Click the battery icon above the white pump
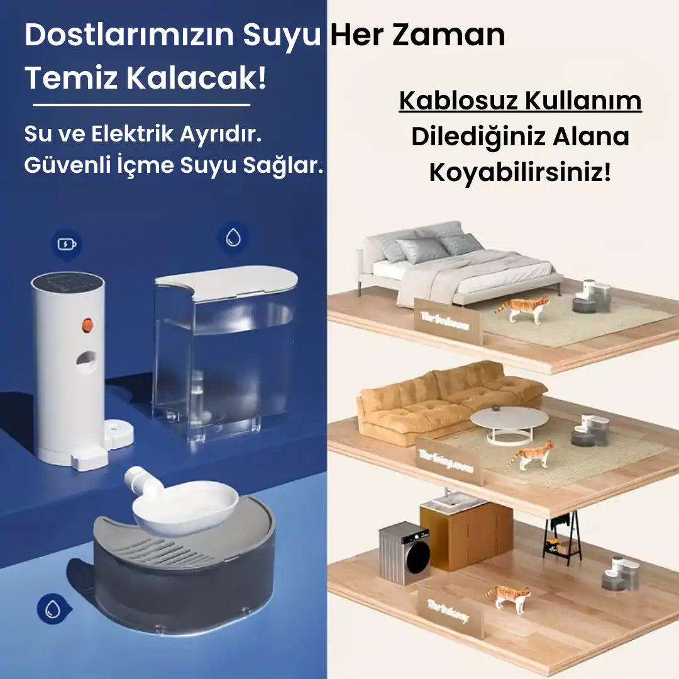[66, 244]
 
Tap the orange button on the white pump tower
[87, 324]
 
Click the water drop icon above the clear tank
[233, 238]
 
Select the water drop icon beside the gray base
[50, 608]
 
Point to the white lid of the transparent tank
[226, 281]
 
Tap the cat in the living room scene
[533, 455]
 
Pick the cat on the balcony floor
[509, 597]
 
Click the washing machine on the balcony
[404, 553]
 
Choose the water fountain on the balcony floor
[621, 573]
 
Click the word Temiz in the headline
[70, 79]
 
